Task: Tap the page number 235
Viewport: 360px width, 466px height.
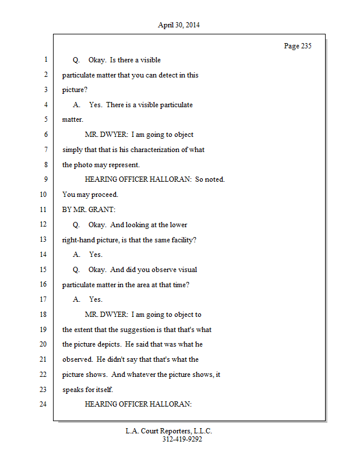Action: [298, 46]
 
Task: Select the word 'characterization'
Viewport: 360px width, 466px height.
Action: [151, 150]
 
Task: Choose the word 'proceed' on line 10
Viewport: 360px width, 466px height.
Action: [104, 195]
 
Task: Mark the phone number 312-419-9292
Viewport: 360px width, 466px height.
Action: [182, 440]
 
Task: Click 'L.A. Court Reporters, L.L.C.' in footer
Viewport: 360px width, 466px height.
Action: [169, 432]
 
